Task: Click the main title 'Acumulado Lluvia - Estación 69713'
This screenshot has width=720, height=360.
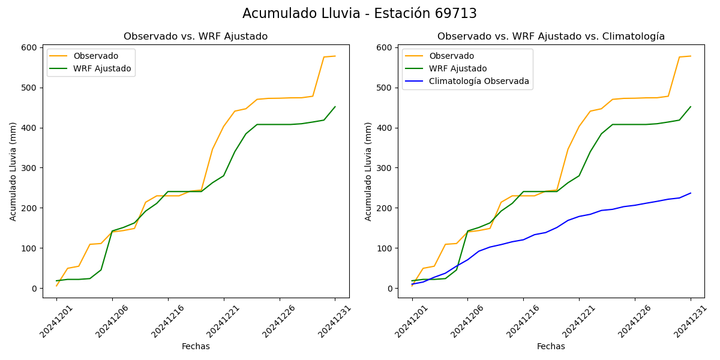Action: coord(359,14)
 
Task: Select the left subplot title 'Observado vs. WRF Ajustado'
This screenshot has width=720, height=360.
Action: coord(196,37)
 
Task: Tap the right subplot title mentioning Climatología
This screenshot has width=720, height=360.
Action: coord(551,37)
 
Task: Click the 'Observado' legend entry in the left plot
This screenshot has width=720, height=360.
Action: coord(95,56)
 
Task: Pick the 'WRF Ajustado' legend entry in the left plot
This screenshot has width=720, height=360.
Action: coord(102,68)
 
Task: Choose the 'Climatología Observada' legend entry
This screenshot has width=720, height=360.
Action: coord(479,81)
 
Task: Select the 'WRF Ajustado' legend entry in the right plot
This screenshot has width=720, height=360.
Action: coord(457,68)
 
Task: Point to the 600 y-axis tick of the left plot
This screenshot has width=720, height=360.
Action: coord(30,47)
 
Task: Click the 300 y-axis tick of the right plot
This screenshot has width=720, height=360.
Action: coord(385,168)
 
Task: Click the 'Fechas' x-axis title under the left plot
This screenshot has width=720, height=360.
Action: coord(196,347)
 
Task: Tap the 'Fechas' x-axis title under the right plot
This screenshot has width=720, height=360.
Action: coord(551,347)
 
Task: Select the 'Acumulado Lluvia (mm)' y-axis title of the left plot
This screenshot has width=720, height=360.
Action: coord(13,171)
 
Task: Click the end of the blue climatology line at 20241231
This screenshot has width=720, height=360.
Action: coord(691,193)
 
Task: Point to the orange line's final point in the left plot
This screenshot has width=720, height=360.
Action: coord(335,56)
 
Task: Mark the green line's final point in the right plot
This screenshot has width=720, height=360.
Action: coord(691,107)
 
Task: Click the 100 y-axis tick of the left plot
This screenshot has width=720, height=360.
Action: coord(30,248)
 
